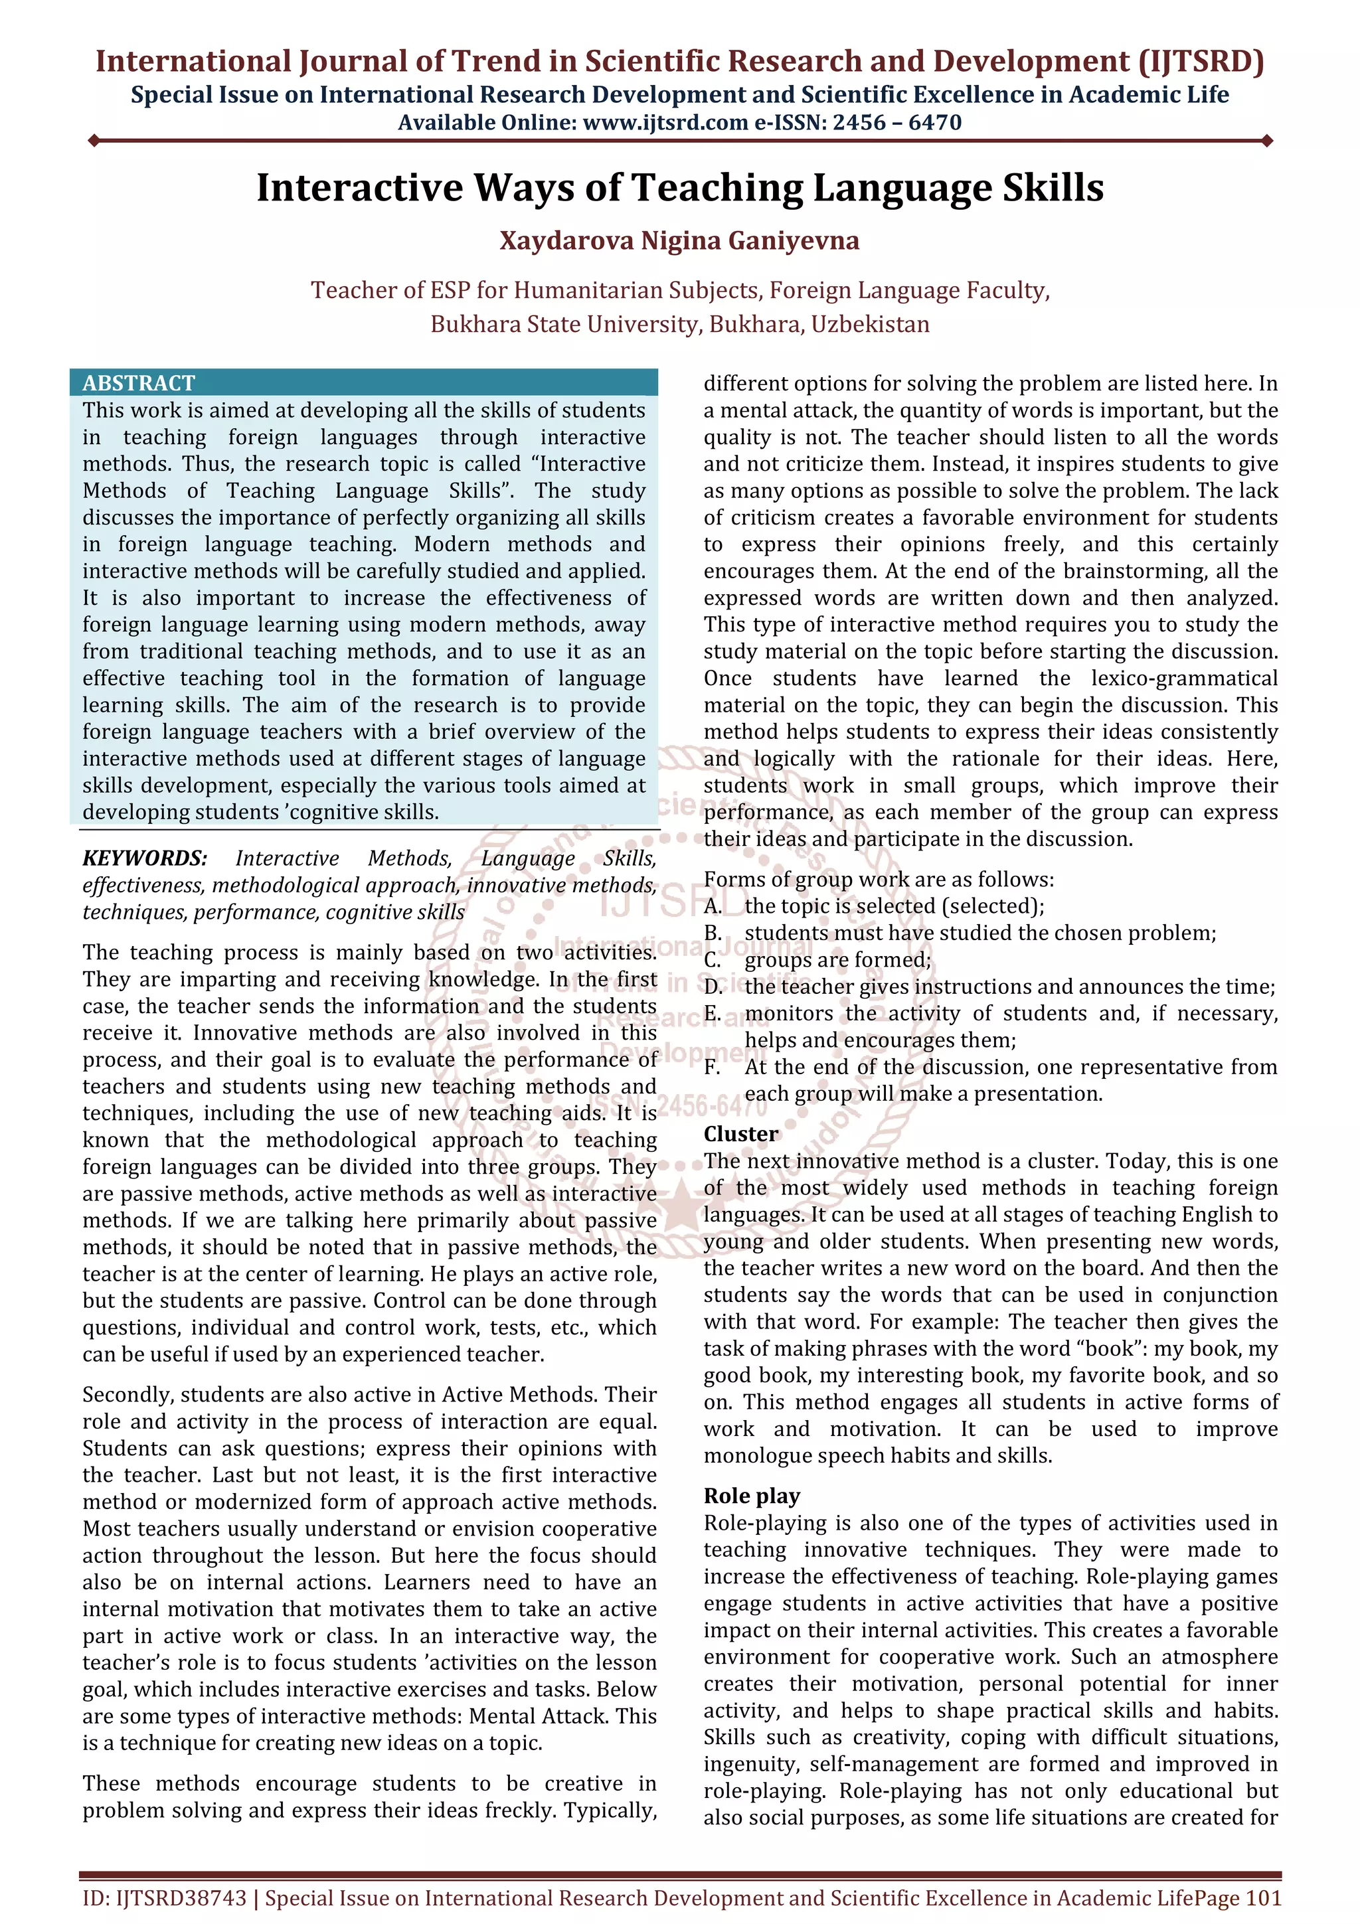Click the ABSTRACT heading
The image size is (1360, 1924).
point(138,383)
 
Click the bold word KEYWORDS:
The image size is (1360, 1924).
point(145,858)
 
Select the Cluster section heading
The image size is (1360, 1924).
point(740,1134)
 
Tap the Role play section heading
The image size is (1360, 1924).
point(752,1496)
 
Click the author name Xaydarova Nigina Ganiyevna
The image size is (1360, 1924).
point(679,242)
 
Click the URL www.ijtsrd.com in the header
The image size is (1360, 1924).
point(665,123)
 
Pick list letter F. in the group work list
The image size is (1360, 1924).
point(713,1067)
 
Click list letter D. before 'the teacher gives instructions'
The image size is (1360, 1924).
point(713,987)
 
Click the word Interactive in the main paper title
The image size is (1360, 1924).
point(359,188)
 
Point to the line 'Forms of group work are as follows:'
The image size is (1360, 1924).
point(878,879)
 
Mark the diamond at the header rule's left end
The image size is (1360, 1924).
point(94,141)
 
